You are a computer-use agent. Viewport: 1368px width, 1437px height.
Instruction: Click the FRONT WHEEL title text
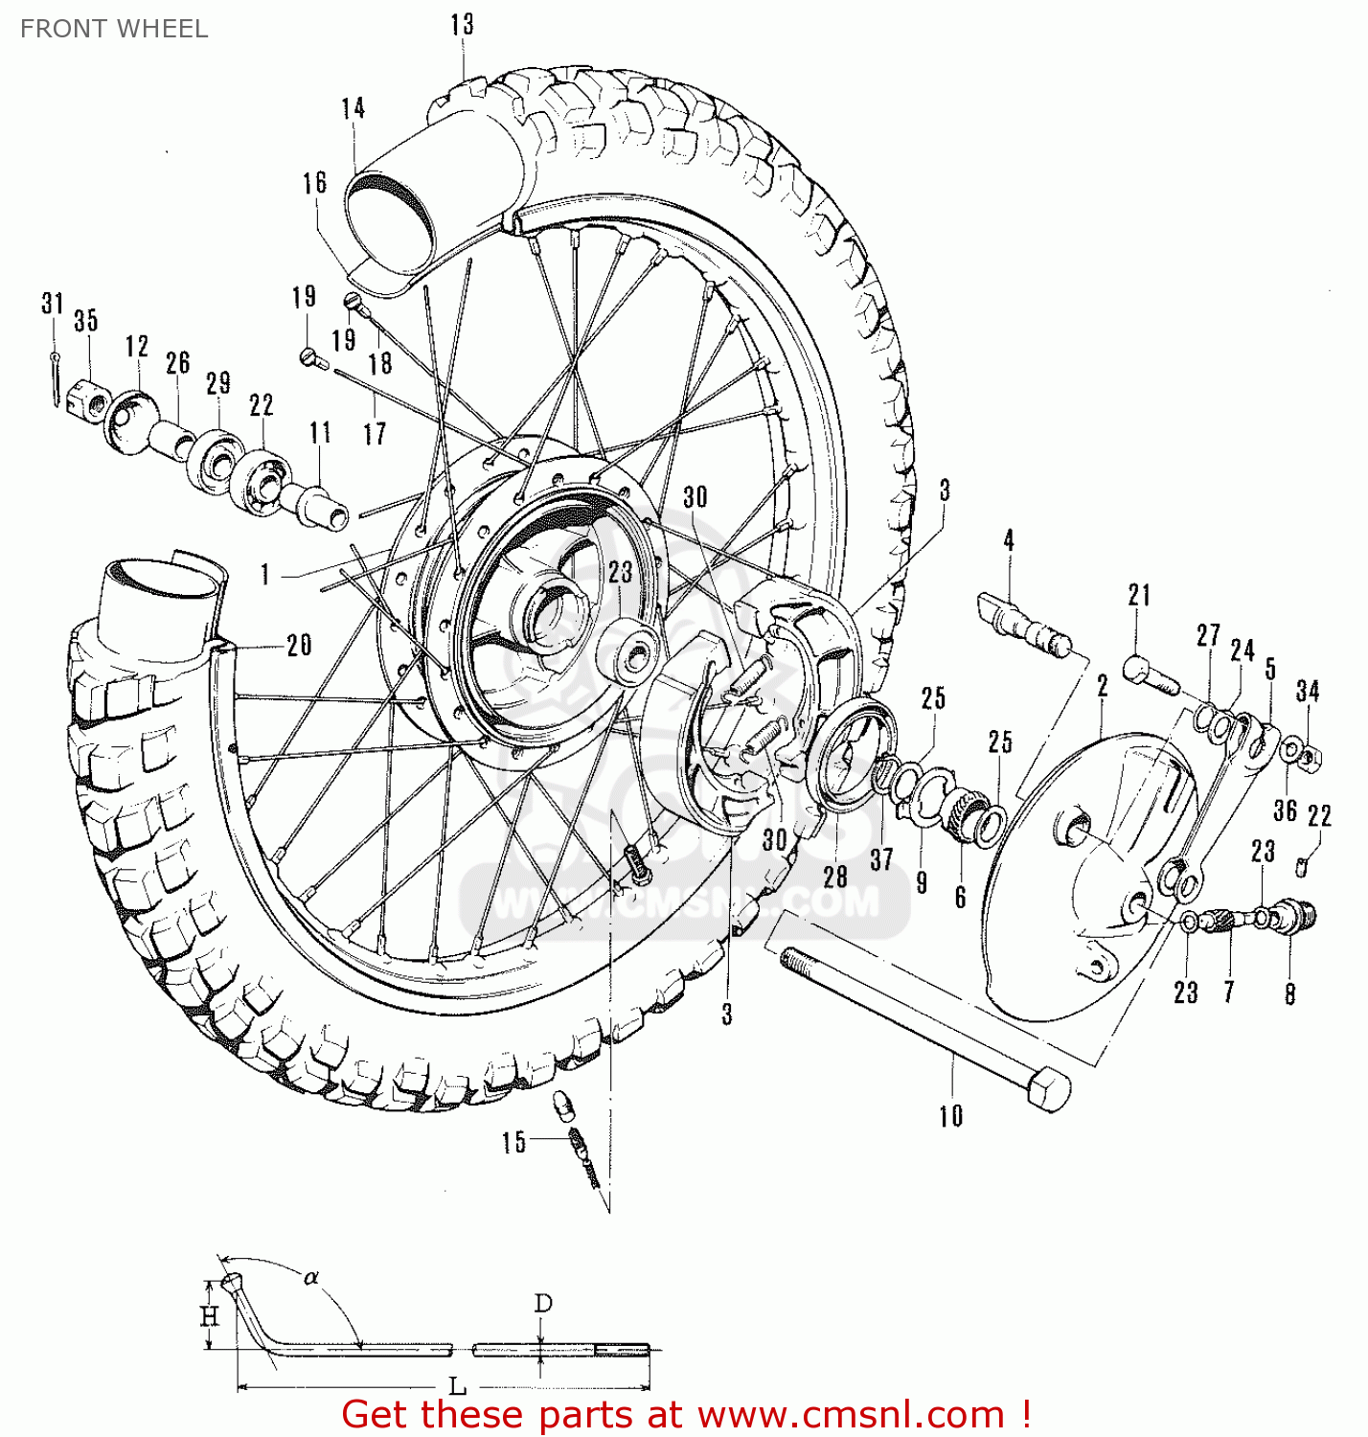[114, 29]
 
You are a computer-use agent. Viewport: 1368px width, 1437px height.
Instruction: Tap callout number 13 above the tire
[462, 25]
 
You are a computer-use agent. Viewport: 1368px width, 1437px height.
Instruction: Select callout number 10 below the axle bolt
[950, 1116]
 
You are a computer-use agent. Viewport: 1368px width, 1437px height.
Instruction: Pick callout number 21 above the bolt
[1139, 595]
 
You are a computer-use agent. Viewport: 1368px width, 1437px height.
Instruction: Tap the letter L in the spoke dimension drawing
[458, 1386]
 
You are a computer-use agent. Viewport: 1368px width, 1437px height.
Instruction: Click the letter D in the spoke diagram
[542, 1304]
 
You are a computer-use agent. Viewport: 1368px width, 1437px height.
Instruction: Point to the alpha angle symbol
[310, 1277]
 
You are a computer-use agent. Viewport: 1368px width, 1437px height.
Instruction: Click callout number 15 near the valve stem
[513, 1142]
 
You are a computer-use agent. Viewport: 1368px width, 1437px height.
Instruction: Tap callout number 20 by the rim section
[299, 645]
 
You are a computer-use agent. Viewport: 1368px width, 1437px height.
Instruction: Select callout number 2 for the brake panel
[1103, 686]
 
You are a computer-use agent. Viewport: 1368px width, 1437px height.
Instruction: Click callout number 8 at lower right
[1289, 994]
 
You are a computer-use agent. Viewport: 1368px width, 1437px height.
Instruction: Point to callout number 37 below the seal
[881, 859]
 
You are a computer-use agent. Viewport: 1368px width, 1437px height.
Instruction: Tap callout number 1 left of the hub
[265, 575]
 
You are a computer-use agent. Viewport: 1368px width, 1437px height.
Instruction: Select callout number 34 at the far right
[1308, 691]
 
